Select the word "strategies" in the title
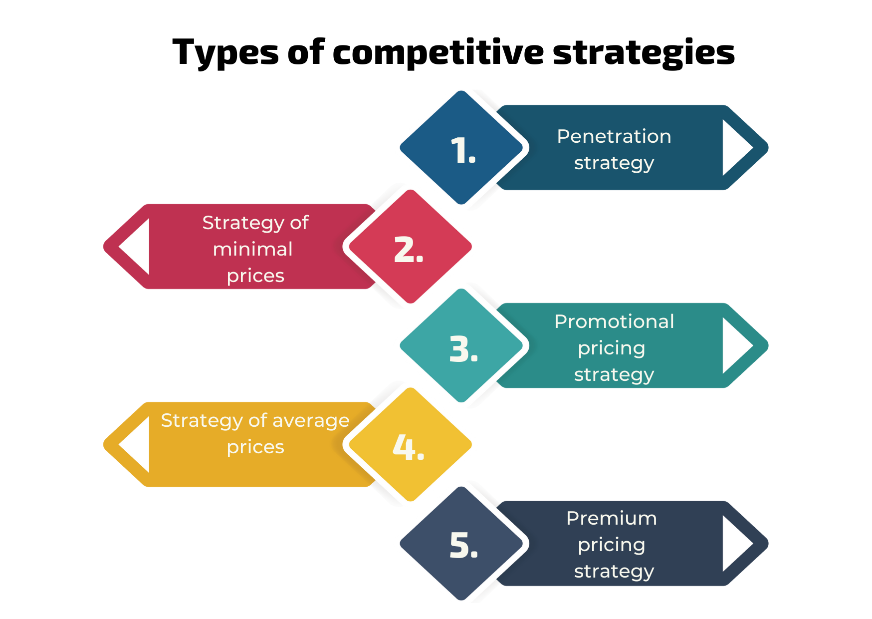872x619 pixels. click(x=644, y=53)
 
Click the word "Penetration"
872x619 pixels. click(x=614, y=136)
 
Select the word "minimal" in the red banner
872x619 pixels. click(x=253, y=249)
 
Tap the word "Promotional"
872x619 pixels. click(x=614, y=321)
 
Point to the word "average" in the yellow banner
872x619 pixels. click(x=311, y=421)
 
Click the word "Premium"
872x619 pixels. click(x=612, y=518)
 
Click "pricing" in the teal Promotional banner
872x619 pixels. click(x=612, y=349)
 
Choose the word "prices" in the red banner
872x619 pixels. click(x=255, y=277)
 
